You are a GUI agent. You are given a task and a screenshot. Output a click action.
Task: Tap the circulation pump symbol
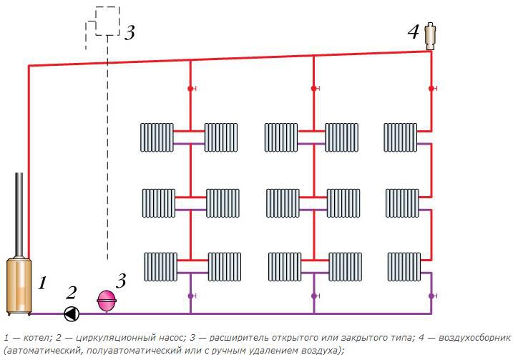[72, 313]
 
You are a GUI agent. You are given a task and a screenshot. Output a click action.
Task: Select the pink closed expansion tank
[107, 300]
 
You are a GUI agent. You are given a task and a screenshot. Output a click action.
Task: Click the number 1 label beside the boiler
[42, 283]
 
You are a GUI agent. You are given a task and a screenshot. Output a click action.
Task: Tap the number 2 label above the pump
[71, 292]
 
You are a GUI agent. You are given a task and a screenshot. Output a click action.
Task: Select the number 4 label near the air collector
[413, 32]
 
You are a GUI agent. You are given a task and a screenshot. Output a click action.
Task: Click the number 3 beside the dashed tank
[129, 33]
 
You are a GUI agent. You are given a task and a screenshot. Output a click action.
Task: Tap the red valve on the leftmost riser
[190, 89]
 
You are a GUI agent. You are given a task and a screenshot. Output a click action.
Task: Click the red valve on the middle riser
[313, 89]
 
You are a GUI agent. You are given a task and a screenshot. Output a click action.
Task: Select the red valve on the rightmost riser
[431, 89]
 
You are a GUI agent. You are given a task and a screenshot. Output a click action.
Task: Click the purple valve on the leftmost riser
[190, 295]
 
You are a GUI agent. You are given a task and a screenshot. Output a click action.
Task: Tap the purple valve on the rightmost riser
[431, 295]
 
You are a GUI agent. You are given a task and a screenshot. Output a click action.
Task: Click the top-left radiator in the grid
[157, 137]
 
